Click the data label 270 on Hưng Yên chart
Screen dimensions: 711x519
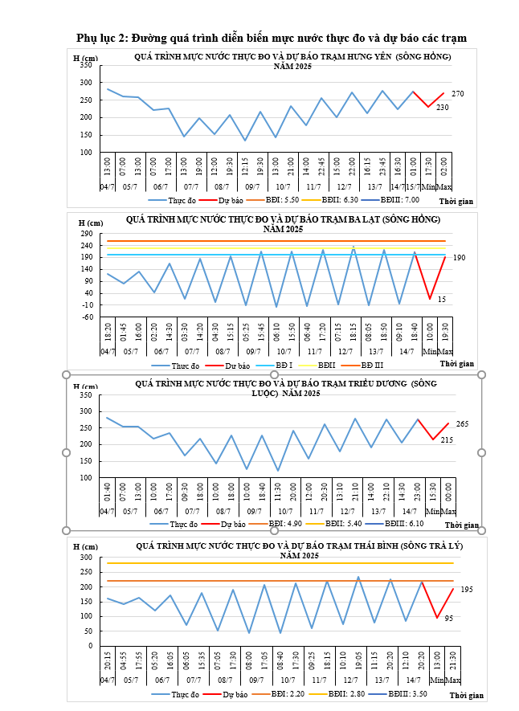click(457, 95)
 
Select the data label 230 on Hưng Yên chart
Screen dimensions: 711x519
click(442, 108)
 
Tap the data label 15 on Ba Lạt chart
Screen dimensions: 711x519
click(442, 300)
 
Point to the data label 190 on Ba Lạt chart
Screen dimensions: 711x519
click(458, 258)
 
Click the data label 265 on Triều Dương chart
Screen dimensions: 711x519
click(462, 424)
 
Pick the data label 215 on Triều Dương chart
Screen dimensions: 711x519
click(447, 440)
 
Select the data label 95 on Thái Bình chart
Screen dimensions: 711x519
click(448, 618)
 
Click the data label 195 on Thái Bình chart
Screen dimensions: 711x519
click(466, 590)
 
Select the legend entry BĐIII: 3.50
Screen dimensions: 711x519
click(409, 693)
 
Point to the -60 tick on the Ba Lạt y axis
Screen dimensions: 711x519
click(89, 317)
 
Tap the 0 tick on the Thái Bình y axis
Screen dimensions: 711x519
click(92, 646)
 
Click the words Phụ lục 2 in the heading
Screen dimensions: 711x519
click(101, 38)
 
